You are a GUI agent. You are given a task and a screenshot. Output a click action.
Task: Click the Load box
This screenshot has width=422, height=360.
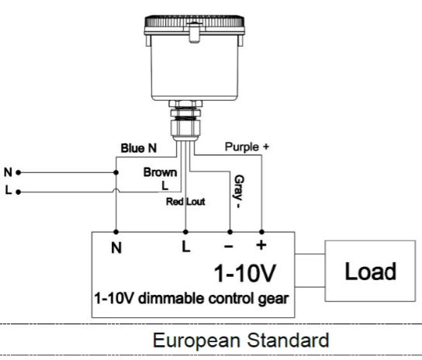point(370,271)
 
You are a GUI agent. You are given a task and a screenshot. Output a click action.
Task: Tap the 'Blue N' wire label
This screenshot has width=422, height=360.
point(139,148)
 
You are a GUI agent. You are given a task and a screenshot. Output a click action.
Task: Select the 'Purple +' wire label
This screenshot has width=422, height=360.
point(247,147)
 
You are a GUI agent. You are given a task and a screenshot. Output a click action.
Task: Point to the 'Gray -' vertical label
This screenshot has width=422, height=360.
point(238,192)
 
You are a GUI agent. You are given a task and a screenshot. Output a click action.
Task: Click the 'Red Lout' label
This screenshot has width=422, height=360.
point(185,202)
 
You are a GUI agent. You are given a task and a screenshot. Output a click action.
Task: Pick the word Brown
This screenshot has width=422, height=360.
point(160,172)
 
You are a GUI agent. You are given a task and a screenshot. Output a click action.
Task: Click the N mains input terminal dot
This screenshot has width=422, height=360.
point(19,172)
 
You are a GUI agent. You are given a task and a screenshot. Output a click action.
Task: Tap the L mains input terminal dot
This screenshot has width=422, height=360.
point(19,192)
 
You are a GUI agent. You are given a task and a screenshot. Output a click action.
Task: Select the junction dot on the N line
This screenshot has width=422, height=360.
point(116,172)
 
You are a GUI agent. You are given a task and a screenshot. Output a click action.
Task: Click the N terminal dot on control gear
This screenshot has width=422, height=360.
point(116,232)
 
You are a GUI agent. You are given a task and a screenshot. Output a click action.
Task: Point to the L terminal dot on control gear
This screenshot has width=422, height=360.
point(185,232)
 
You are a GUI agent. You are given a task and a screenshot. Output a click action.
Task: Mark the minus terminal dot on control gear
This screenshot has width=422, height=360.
point(230,232)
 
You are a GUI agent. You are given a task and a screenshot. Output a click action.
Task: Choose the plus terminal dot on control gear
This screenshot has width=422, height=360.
point(261,232)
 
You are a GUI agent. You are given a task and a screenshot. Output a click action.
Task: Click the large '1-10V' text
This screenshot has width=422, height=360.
point(244,273)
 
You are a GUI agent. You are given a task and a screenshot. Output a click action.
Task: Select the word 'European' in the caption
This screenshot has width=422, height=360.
point(196,341)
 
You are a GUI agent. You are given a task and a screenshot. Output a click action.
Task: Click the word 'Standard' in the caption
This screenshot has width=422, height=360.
point(288,340)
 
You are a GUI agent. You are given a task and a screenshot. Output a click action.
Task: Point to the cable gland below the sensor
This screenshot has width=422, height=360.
point(185,120)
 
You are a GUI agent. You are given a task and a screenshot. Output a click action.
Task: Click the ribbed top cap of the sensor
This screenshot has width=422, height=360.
point(195,21)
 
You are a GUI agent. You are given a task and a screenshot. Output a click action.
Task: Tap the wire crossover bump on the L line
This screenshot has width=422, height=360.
point(116,190)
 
